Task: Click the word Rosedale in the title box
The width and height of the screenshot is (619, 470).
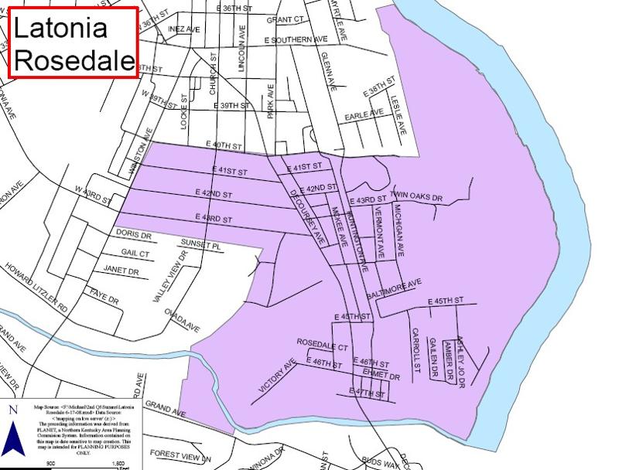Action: (x=74, y=60)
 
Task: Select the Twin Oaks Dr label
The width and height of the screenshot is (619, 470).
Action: (x=416, y=197)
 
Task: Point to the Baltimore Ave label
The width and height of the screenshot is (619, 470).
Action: (x=395, y=288)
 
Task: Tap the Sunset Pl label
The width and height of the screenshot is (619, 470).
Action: (x=201, y=244)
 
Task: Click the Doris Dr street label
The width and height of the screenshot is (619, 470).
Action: (x=133, y=233)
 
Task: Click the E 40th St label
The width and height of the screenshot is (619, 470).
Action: (x=224, y=145)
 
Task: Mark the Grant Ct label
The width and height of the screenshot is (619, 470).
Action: (x=282, y=21)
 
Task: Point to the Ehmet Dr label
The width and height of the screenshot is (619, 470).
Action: (x=381, y=376)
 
